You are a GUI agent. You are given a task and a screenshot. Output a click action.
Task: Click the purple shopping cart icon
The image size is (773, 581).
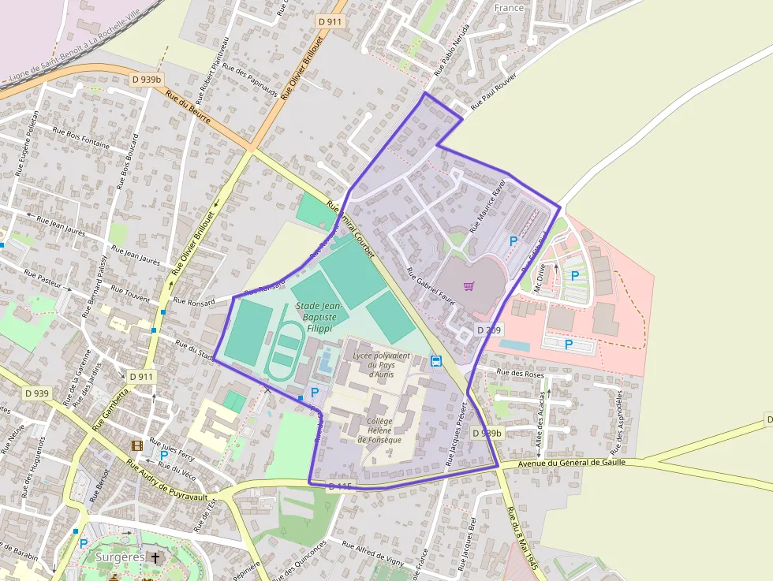tap(469, 286)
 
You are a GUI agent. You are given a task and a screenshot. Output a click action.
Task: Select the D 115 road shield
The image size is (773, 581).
tap(339, 486)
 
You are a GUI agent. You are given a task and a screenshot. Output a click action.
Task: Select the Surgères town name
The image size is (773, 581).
tap(120, 557)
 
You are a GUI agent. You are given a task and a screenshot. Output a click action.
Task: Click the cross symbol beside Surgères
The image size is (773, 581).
tap(155, 557)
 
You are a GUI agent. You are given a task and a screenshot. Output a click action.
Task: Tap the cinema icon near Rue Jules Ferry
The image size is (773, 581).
tap(137, 446)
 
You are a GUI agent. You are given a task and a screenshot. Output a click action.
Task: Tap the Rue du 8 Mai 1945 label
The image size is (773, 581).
tap(523, 543)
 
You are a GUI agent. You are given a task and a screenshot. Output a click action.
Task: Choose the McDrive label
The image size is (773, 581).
tap(540, 277)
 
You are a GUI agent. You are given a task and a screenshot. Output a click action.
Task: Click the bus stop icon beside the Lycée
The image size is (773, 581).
tap(436, 361)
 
